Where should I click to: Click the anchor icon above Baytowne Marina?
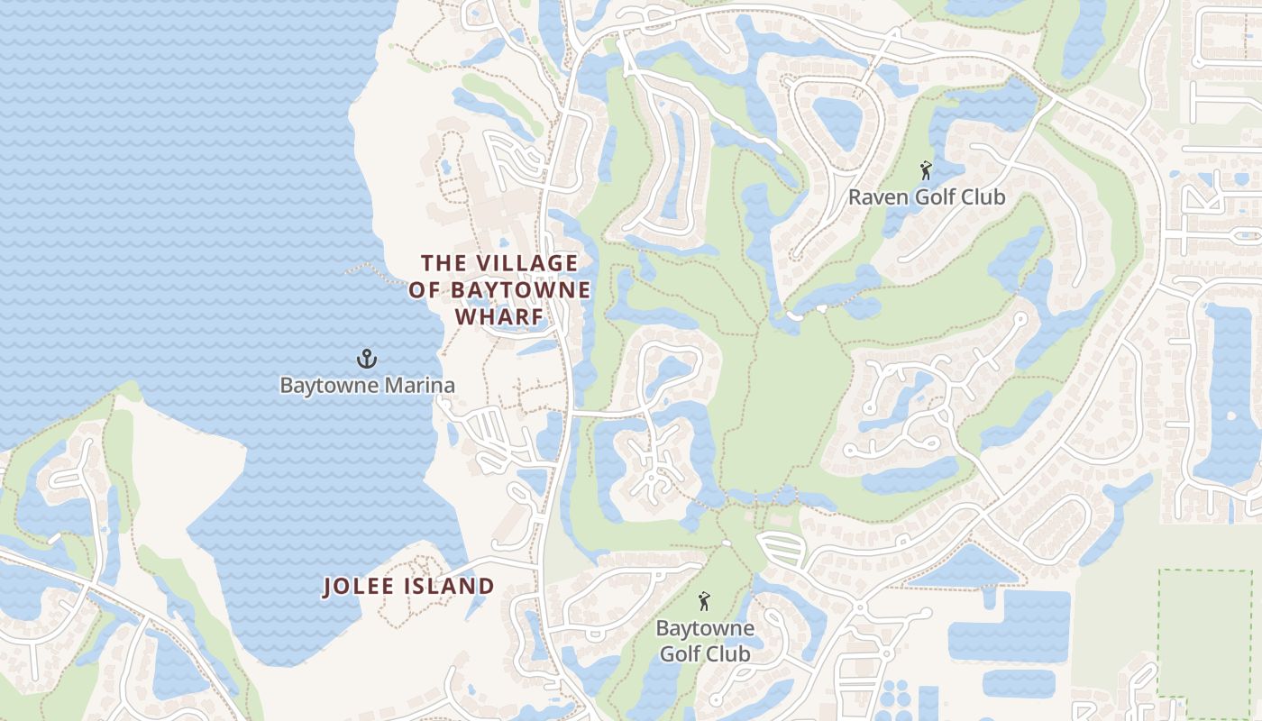pyautogui.click(x=366, y=359)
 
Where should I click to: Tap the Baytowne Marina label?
pyautogui.click(x=367, y=386)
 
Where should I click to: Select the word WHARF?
pyautogui.click(x=499, y=317)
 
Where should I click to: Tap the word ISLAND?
pyautogui.click(x=454, y=587)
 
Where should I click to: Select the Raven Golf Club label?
pyautogui.click(x=926, y=197)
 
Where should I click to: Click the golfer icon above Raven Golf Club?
pyautogui.click(x=925, y=169)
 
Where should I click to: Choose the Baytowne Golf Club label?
pyautogui.click(x=704, y=641)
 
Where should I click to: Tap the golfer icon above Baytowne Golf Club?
pyautogui.click(x=704, y=600)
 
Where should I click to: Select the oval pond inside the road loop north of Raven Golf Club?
pyautogui.click(x=837, y=122)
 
